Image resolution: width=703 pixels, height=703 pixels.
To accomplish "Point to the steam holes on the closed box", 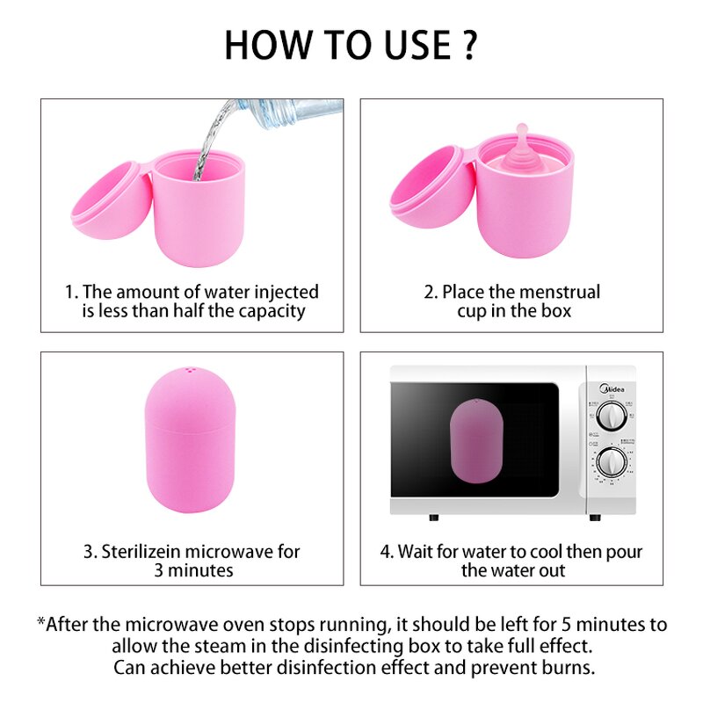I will coord(190,373).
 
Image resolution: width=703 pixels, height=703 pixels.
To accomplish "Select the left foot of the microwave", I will coord(431,518).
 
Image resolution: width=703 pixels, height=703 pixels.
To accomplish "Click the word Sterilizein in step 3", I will coord(144,552).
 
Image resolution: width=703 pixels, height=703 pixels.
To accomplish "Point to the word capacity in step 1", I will coord(269,311).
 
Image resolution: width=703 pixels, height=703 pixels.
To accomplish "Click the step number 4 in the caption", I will coord(386,552).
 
